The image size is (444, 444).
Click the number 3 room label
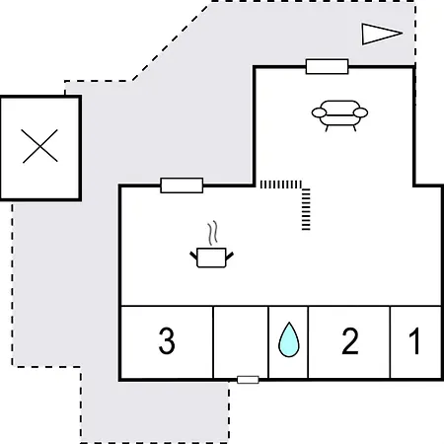[167, 341]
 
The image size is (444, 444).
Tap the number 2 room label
[350, 341]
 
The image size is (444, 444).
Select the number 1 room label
[415, 341]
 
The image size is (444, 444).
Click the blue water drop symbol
[289, 339]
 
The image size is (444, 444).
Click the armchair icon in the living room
[339, 115]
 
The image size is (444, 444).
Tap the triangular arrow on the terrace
[382, 34]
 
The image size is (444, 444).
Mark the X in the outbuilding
[39, 146]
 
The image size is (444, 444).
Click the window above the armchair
[327, 67]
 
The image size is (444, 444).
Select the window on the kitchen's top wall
[182, 185]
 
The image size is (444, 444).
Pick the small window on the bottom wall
[248, 380]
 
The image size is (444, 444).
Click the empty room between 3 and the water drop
[241, 342]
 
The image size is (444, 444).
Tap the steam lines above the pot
[213, 233]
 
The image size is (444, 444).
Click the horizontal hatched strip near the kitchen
[281, 185]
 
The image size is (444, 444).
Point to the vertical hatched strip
[306, 209]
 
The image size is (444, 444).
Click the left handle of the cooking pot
[193, 256]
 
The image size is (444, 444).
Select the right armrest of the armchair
[360, 112]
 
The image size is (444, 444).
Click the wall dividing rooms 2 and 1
[390, 342]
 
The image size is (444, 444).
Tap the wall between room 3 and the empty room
[213, 342]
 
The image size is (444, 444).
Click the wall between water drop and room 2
[308, 342]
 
